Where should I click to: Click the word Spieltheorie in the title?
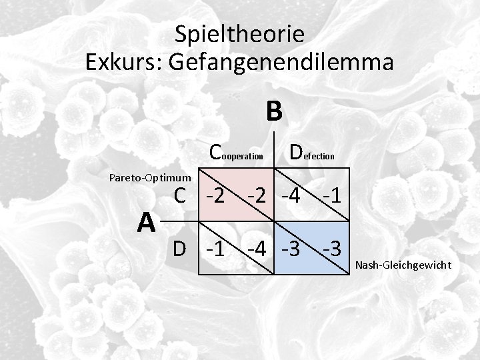pyautogui.click(x=239, y=33)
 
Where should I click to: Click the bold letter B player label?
pyautogui.click(x=273, y=111)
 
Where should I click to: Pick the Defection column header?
pyautogui.click(x=311, y=153)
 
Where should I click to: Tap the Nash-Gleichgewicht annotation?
pyautogui.click(x=403, y=265)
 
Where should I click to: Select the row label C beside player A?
pyautogui.click(x=179, y=195)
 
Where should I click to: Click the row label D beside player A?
pyautogui.click(x=179, y=249)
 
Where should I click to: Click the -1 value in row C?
pyautogui.click(x=331, y=196)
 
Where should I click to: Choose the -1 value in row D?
pyautogui.click(x=215, y=249)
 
